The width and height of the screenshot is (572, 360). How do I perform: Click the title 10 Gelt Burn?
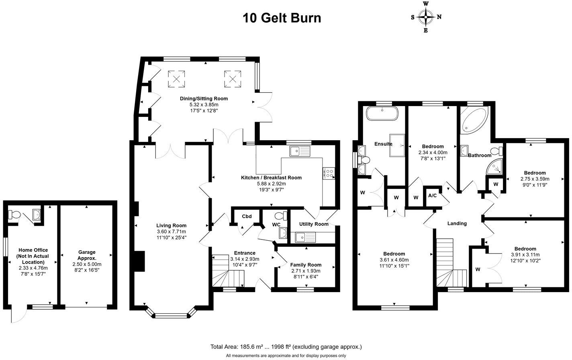click(282, 18)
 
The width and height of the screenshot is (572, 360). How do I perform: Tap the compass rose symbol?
click(426, 17)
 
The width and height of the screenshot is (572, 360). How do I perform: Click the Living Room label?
click(172, 225)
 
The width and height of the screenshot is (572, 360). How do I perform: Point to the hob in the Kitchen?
click(328, 173)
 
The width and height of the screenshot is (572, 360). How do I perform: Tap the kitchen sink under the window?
click(300, 151)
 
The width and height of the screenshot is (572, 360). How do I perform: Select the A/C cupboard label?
click(433, 196)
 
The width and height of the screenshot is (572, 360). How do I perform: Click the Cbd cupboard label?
click(247, 217)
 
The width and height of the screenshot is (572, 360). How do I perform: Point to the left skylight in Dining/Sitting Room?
click(176, 78)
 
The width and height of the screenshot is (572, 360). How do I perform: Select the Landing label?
click(457, 223)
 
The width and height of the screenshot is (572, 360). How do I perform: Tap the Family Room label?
click(306, 265)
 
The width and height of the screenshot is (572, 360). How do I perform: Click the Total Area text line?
click(286, 346)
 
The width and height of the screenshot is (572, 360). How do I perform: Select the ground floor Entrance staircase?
click(227, 272)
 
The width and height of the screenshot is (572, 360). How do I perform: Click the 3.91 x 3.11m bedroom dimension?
click(525, 254)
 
